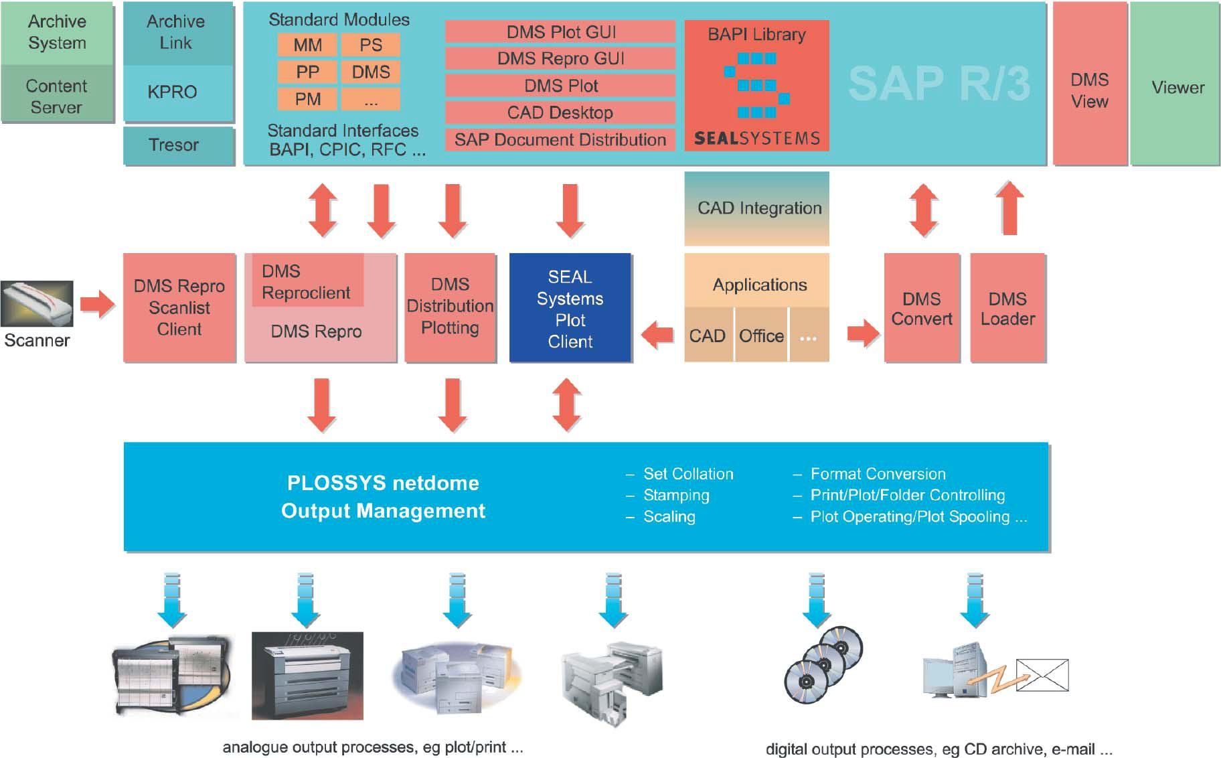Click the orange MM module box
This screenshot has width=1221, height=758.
[x=307, y=45]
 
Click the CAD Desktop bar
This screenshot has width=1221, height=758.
[x=560, y=112]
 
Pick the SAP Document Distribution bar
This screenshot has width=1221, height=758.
[x=560, y=139]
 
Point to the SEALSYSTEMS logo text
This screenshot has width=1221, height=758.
[x=756, y=139]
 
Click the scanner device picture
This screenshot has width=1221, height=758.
[x=37, y=304]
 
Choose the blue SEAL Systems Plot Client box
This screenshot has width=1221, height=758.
[x=570, y=308]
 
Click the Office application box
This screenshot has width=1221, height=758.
[x=761, y=335]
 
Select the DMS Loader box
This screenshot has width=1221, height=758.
[x=1007, y=308]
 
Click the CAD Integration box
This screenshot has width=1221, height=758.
[x=756, y=208]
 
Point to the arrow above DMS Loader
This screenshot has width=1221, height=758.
[x=1009, y=208]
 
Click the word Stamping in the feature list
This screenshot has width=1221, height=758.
[x=676, y=496]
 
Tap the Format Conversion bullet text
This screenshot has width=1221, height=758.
[x=878, y=474]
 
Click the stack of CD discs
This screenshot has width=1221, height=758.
[x=823, y=663]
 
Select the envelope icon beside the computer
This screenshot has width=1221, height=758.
[x=1042, y=675]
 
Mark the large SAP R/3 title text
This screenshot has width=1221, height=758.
[x=939, y=84]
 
